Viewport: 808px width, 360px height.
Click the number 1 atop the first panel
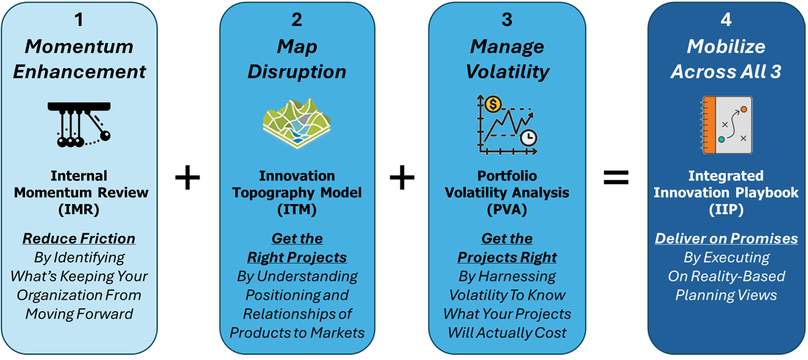click(x=79, y=20)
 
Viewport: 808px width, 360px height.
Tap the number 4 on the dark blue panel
click(x=726, y=20)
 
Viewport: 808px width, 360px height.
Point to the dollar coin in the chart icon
click(x=493, y=103)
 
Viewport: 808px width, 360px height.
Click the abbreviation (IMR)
click(x=79, y=209)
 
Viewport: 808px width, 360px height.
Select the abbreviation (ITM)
click(x=296, y=209)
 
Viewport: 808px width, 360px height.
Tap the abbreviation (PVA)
click(x=506, y=209)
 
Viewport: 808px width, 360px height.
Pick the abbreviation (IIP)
click(x=726, y=209)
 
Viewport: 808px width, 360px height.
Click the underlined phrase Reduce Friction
click(x=79, y=238)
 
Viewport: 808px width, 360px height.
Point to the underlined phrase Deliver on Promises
click(x=726, y=238)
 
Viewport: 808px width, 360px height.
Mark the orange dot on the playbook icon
click(x=743, y=109)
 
